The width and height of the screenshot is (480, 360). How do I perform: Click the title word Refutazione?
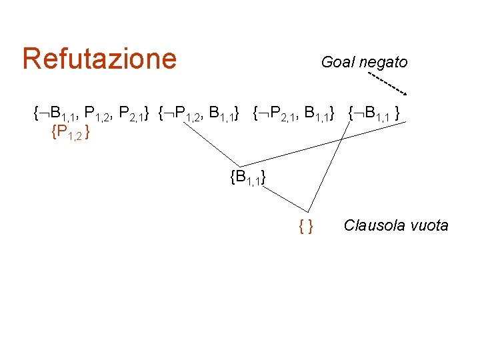[99, 59]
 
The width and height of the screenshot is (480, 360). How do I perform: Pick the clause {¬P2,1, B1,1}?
[294, 113]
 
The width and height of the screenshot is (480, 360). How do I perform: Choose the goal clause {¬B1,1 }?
[375, 113]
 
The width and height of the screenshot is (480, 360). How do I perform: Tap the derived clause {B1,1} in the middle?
[248, 177]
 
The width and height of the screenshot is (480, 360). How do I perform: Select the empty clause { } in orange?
[307, 227]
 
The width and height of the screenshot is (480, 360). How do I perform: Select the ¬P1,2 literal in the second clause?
[184, 114]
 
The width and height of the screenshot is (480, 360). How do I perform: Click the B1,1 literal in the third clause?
[315, 114]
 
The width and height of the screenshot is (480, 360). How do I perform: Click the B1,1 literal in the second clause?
[221, 114]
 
